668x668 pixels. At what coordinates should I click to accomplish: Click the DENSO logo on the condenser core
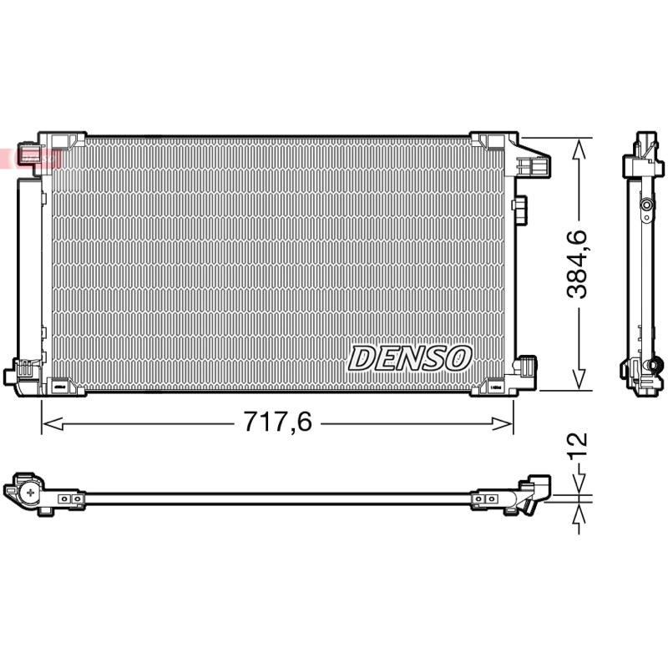click(410, 358)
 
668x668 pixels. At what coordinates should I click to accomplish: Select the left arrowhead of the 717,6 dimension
click(53, 424)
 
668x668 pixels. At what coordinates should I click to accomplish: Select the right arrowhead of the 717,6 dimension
click(502, 424)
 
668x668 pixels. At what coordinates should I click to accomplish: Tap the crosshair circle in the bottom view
click(31, 493)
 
